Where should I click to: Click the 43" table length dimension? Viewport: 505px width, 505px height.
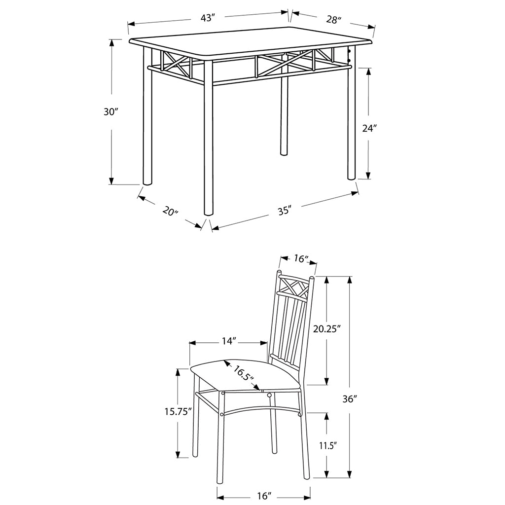208,18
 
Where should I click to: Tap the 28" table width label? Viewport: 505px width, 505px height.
333,20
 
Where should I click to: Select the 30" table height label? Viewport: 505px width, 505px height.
111,112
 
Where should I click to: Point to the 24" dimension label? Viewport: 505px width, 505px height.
369,128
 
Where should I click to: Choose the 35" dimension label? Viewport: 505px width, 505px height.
285,211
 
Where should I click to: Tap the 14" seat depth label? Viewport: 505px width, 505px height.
229,341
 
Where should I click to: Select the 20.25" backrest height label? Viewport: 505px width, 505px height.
327,329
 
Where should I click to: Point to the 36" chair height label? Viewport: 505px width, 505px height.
350,398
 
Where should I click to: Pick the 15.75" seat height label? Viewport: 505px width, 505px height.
178,412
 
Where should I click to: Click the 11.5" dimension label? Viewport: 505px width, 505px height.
328,446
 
